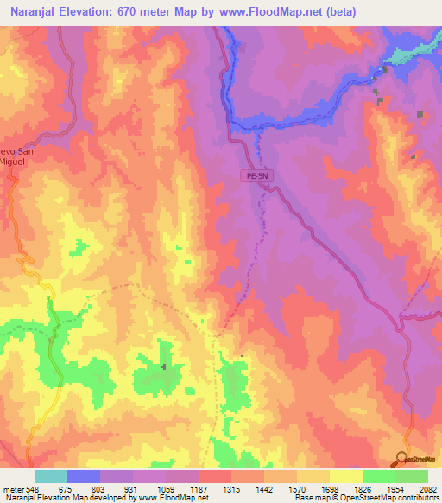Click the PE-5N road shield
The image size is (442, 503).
(256, 175)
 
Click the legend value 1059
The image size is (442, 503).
(174, 490)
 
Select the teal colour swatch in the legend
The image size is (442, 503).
(51, 476)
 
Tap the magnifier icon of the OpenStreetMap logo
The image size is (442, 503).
(401, 459)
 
